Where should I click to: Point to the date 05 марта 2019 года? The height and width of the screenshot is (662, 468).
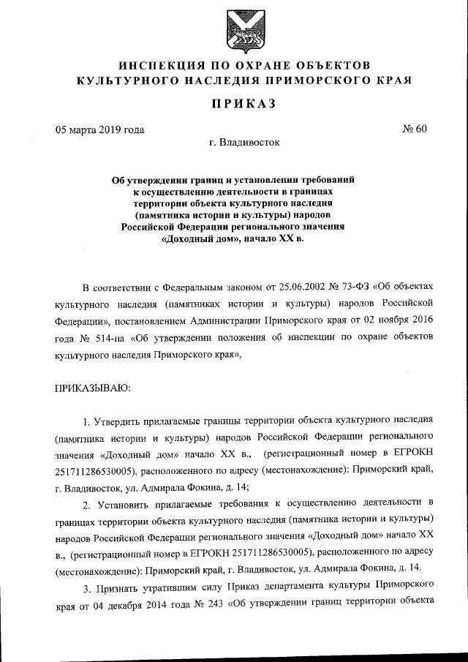click(99, 131)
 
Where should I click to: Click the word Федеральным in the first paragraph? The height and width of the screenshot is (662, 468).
click(191, 287)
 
